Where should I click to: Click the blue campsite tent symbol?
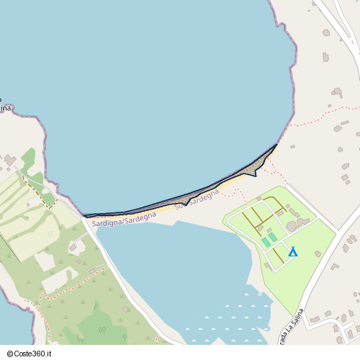coord(292,251)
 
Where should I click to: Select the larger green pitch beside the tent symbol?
coord(272,237)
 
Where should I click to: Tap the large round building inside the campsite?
coord(292,227)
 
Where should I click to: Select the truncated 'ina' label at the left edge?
coord(6,107)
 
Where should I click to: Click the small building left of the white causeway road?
coord(73,249)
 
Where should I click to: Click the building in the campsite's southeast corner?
coord(318,253)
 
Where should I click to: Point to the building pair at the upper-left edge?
coord(10,159)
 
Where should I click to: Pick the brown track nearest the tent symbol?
coord(276,256)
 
